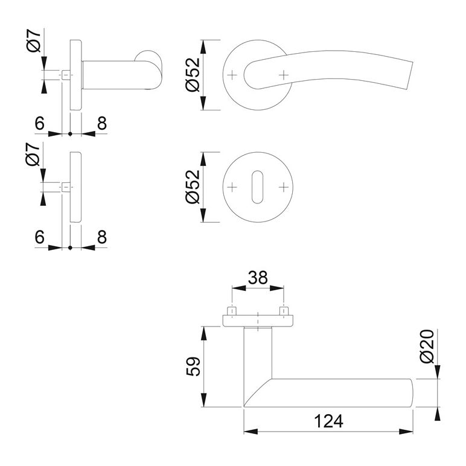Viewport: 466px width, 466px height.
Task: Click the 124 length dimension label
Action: (x=328, y=421)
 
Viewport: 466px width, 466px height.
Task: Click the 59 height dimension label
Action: (x=194, y=366)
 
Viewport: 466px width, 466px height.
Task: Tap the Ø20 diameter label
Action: (x=427, y=346)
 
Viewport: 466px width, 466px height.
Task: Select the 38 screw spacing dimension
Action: (x=258, y=278)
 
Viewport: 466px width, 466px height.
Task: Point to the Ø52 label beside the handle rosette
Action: (x=193, y=75)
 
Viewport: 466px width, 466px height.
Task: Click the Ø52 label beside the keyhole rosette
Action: (x=193, y=187)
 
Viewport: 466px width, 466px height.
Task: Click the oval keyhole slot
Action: (x=257, y=187)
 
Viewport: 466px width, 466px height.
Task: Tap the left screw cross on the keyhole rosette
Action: (x=232, y=187)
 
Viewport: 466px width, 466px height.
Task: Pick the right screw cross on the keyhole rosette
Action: (x=284, y=187)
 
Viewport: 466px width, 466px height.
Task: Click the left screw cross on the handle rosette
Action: (x=232, y=75)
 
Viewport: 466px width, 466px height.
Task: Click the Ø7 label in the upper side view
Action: (x=34, y=41)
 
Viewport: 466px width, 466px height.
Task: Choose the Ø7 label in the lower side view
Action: (x=33, y=154)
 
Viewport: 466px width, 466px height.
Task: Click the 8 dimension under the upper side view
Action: (x=102, y=123)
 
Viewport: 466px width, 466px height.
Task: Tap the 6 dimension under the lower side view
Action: (x=39, y=237)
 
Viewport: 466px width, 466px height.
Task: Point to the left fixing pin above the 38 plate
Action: (x=232, y=311)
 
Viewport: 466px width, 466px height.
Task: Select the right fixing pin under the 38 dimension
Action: (x=284, y=311)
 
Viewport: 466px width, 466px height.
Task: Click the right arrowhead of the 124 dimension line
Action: (x=406, y=432)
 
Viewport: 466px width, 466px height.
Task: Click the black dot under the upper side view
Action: (x=70, y=134)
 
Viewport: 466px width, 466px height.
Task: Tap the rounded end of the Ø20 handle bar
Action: (x=411, y=393)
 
